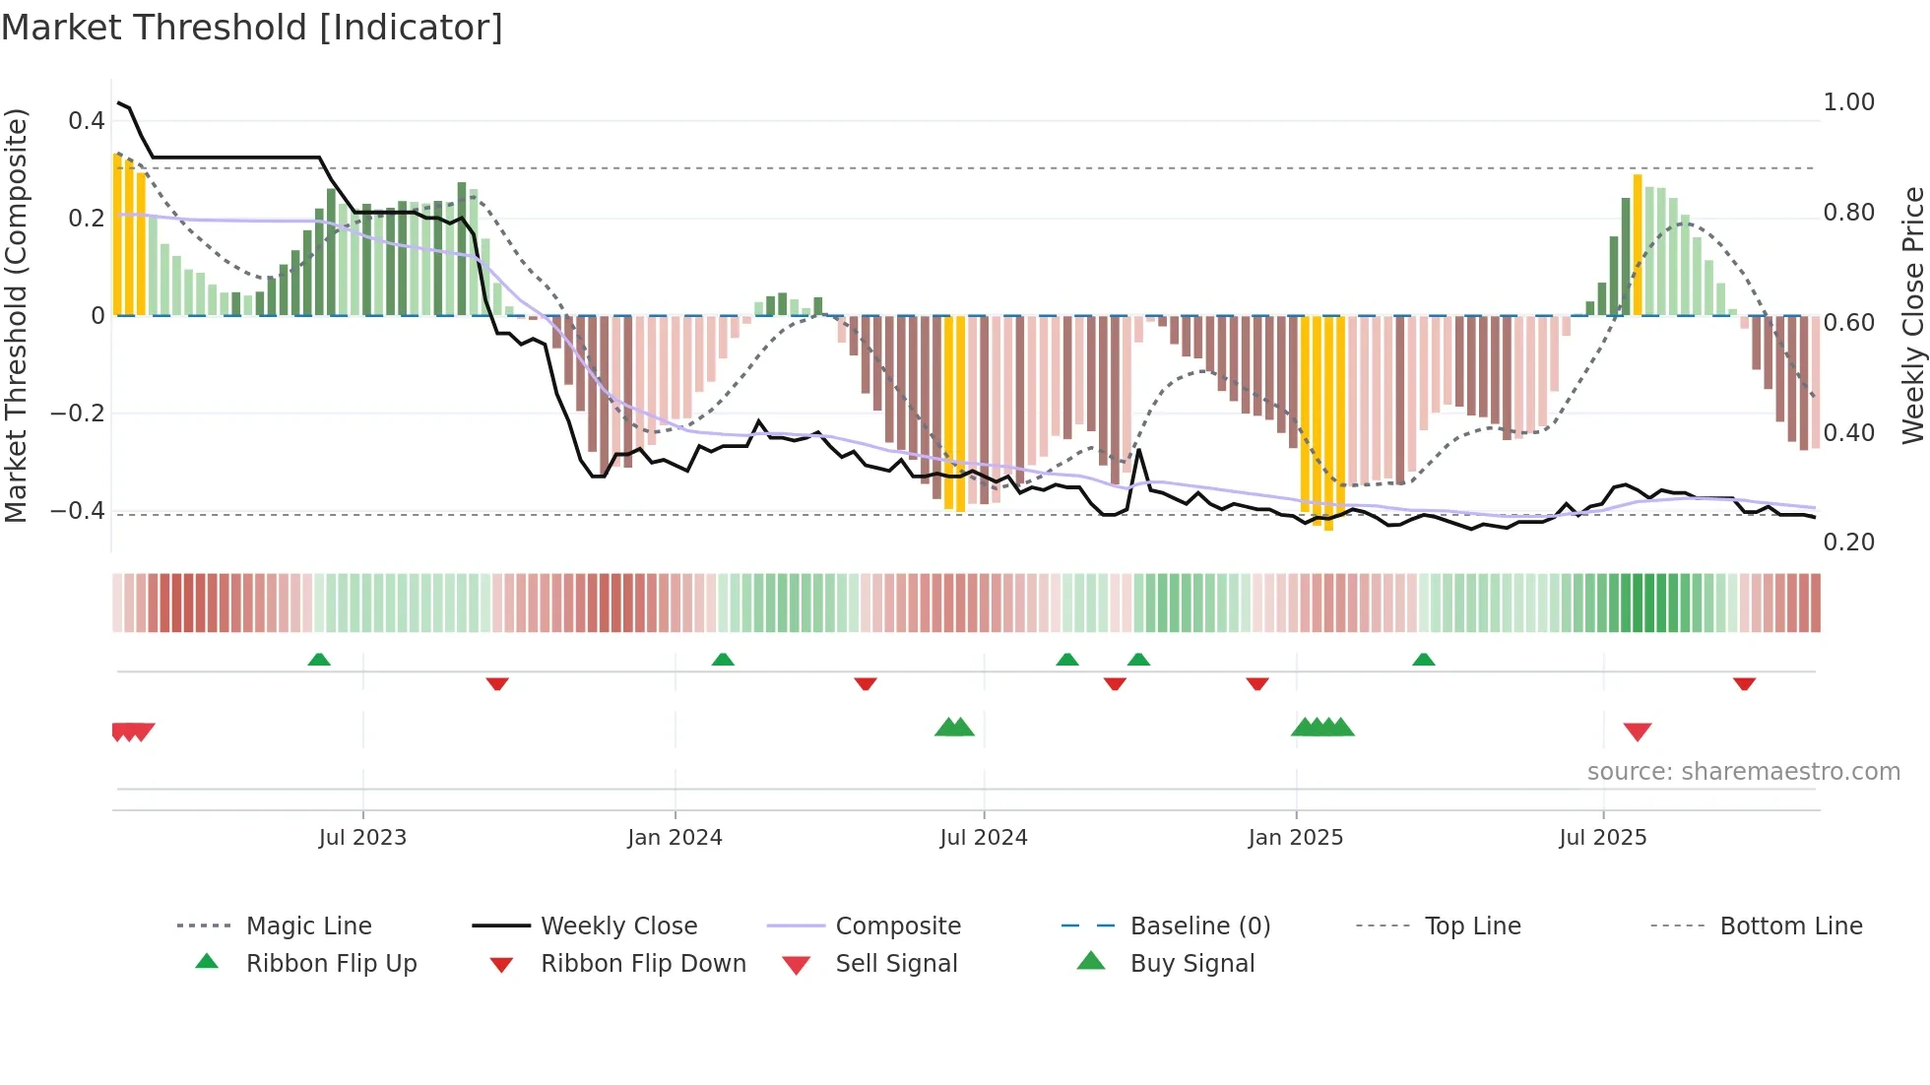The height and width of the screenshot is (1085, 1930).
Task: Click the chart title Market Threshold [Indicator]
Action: (x=252, y=28)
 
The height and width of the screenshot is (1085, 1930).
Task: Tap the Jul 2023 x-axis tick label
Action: (x=362, y=837)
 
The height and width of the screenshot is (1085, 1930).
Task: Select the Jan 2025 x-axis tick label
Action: (x=1295, y=837)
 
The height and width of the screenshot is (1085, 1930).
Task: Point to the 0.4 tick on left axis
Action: (x=87, y=121)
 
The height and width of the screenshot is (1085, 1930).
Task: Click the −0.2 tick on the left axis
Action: (x=78, y=414)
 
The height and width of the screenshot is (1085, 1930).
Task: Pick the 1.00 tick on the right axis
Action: (x=1848, y=102)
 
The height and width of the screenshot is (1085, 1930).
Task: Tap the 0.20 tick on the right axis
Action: (x=1848, y=542)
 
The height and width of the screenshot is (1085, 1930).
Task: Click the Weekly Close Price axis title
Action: (x=1912, y=315)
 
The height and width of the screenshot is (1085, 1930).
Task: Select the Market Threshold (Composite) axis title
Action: (x=16, y=315)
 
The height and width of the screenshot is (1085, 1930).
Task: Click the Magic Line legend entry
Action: (x=308, y=926)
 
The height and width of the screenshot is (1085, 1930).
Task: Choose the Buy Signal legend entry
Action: (x=1191, y=964)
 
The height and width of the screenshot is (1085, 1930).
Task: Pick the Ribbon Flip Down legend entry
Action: (x=643, y=964)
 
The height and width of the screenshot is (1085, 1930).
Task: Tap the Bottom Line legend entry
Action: (x=1790, y=926)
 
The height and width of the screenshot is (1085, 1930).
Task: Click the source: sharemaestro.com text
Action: (x=1743, y=772)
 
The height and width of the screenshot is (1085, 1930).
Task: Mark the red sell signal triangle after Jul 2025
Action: (x=1638, y=732)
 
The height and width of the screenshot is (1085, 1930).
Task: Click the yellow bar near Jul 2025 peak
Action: (x=1638, y=246)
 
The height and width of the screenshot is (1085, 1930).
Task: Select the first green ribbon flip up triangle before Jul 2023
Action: (x=319, y=660)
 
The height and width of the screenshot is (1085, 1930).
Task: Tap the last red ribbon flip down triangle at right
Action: (x=1744, y=683)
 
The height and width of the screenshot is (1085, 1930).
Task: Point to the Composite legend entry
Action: (x=897, y=926)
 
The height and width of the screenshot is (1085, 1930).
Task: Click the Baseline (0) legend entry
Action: (x=1199, y=926)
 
